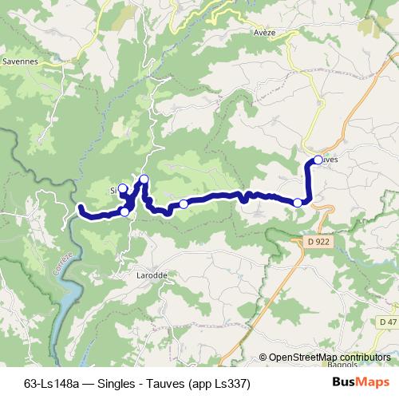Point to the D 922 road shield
click(318, 240)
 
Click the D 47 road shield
click(388, 322)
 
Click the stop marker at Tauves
click(318, 160)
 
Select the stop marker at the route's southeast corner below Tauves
click(298, 203)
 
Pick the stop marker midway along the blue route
click(184, 204)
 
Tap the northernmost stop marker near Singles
click(144, 179)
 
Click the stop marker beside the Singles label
click(123, 189)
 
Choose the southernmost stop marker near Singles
click(125, 211)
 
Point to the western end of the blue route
click(81, 208)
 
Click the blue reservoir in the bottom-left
click(69, 299)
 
